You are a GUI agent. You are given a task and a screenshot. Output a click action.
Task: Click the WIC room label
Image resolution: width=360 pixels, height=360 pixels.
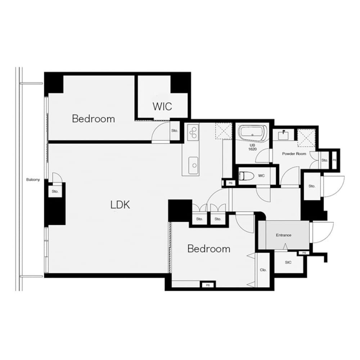[162, 107]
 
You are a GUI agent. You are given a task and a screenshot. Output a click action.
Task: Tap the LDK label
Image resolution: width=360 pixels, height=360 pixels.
[120, 205]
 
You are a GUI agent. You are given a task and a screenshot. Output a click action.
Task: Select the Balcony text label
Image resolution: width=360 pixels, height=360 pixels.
[33, 180]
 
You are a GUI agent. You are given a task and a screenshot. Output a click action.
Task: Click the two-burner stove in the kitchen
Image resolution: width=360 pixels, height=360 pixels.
[193, 132]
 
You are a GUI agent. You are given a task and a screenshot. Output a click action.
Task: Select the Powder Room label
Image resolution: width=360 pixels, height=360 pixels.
[294, 154]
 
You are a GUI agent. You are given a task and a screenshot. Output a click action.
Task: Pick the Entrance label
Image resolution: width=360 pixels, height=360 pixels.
[283, 235]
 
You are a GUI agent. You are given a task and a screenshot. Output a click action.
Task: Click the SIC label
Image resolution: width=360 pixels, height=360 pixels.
[288, 262]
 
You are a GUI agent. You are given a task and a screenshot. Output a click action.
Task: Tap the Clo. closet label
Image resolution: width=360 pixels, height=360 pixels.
[263, 270]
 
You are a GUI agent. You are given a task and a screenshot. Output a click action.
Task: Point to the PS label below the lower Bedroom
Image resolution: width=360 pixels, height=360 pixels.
[208, 285]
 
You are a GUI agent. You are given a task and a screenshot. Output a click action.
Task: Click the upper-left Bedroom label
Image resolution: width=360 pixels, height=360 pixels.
[93, 118]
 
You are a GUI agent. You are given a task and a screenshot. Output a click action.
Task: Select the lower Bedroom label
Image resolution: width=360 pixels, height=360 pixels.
[209, 248]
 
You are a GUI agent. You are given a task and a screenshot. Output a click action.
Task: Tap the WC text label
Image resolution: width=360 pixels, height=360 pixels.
[261, 176]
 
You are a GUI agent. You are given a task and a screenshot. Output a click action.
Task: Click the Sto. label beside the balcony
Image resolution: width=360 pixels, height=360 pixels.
[55, 192]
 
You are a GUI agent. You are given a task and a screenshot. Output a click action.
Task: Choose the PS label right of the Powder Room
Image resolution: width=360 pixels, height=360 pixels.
[334, 160]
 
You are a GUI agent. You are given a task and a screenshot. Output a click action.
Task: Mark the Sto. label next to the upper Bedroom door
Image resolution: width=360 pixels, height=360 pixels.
[175, 131]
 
